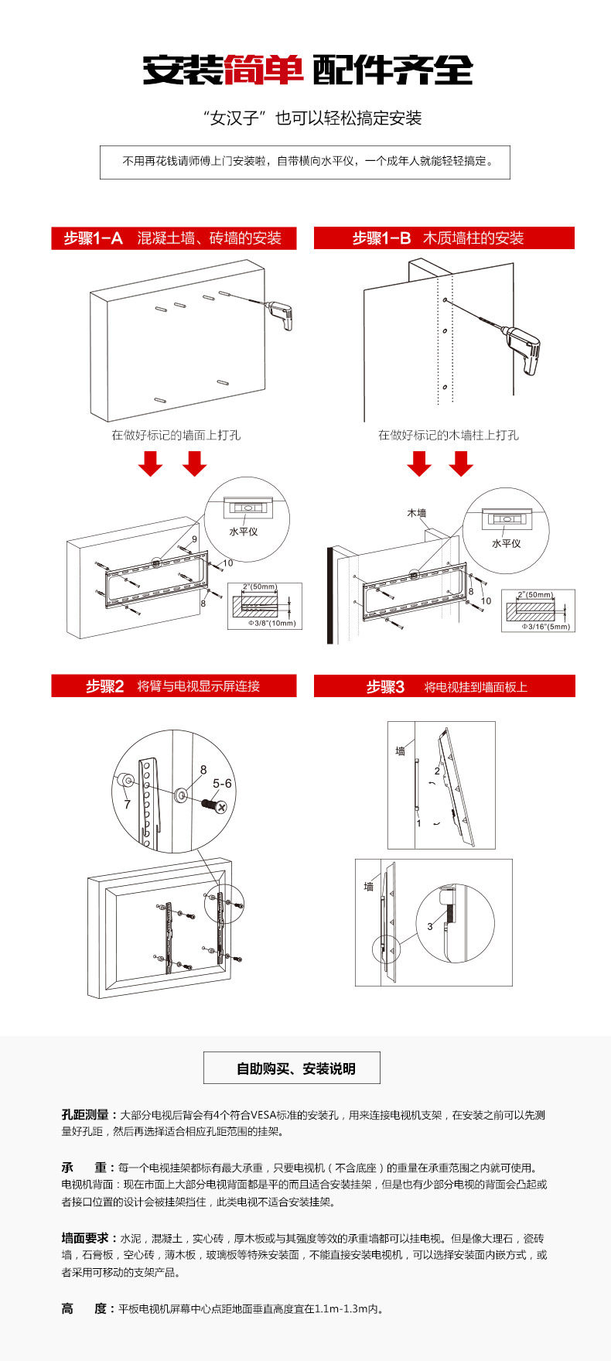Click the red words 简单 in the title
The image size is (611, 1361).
[x=263, y=70]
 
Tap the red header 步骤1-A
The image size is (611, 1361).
[x=93, y=238]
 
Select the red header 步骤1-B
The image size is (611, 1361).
[x=381, y=238]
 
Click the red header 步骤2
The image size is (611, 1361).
[x=104, y=686]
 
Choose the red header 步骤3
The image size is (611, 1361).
[x=385, y=687]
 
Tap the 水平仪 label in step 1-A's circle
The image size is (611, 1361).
[x=244, y=532]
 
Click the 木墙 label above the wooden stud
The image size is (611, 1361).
[x=417, y=512]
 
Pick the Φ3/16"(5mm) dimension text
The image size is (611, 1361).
[x=546, y=627]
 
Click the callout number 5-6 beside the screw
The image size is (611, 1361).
[x=222, y=784]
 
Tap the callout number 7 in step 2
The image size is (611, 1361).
[x=127, y=805]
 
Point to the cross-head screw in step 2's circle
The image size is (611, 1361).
[x=216, y=805]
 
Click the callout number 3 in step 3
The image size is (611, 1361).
[x=430, y=926]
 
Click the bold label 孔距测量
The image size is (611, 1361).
[x=86, y=1115]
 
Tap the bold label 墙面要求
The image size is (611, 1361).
[x=86, y=1239]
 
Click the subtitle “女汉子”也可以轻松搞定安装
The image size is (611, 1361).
[x=312, y=118]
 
